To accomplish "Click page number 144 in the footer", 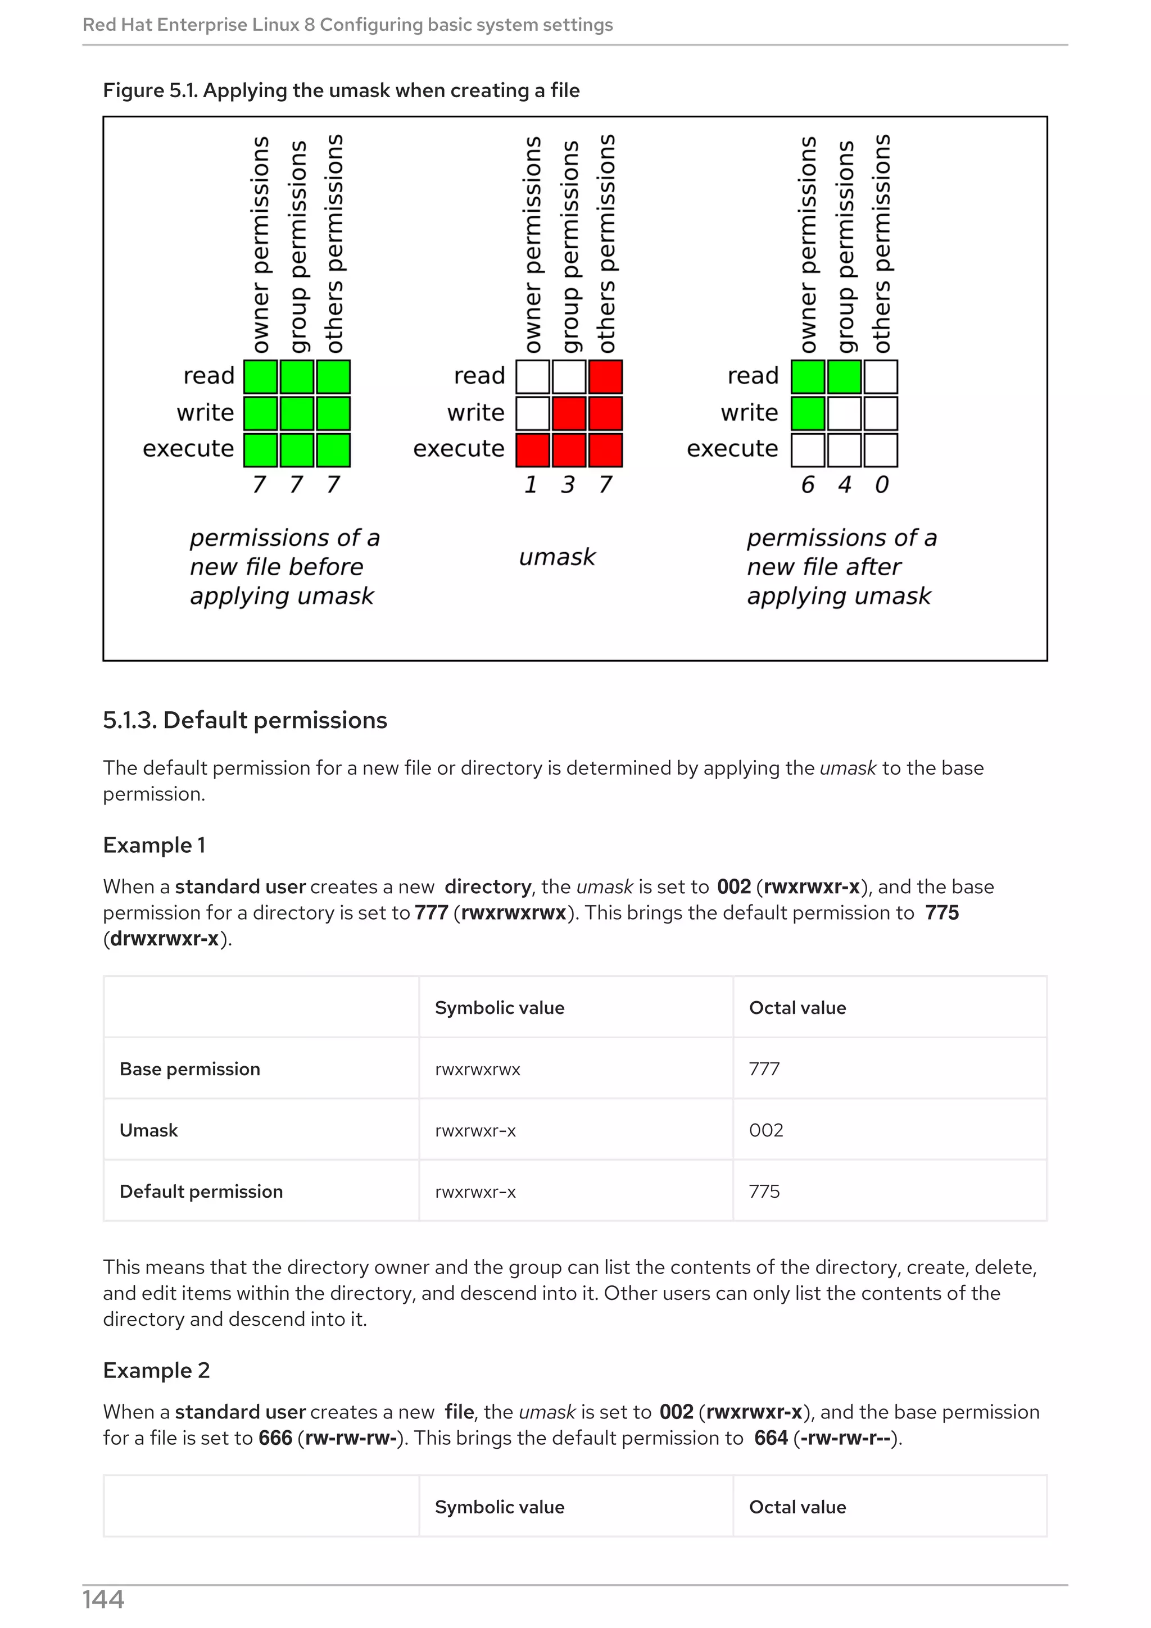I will point(103,1599).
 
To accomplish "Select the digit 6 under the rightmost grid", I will point(807,484).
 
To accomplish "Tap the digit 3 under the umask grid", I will point(567,484).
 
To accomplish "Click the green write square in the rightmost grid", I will point(808,413).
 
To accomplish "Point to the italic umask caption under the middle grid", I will point(557,557).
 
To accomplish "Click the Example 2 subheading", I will point(156,1370).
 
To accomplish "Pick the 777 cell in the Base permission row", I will point(764,1068).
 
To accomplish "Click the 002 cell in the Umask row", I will point(766,1130).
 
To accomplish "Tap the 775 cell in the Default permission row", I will point(764,1191).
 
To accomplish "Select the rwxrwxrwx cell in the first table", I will point(477,1068).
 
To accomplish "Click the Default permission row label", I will point(201,1191).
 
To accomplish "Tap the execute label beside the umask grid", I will point(458,448).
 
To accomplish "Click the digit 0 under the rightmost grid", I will point(881,484).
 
